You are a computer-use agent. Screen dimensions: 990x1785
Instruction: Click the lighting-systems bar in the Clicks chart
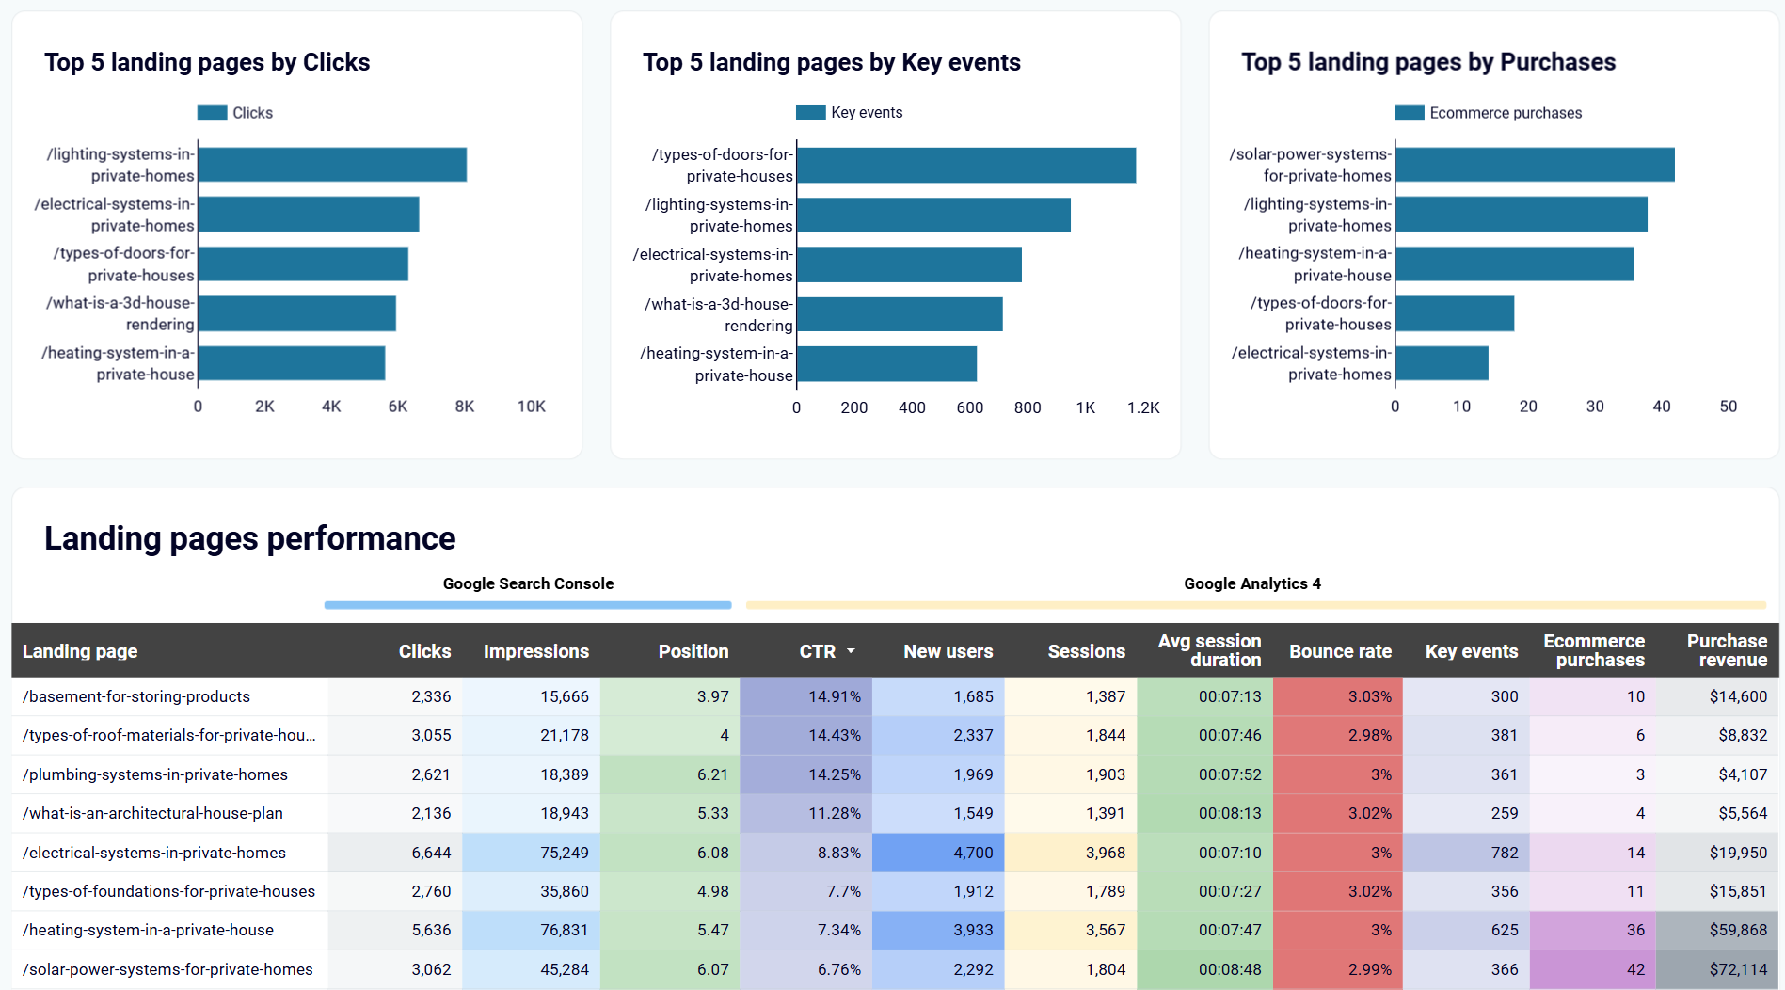coord(332,165)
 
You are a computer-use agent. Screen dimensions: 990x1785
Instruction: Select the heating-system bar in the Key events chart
coord(886,364)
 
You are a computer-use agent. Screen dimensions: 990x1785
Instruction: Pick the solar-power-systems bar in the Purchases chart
coord(1534,165)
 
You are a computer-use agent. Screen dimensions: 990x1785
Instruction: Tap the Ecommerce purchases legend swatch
coord(1409,113)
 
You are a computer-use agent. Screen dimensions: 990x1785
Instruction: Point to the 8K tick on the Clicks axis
coord(464,407)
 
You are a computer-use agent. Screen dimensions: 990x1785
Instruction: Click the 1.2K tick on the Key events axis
coord(1142,407)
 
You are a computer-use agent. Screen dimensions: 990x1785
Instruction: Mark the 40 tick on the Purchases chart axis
coord(1661,407)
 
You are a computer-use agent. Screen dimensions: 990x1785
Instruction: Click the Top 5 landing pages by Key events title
coord(831,62)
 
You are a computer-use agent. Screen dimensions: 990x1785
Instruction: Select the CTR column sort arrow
coord(851,651)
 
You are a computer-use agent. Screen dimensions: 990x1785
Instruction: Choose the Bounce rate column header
coord(1340,651)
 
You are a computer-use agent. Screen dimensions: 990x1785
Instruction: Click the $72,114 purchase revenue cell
coord(1737,969)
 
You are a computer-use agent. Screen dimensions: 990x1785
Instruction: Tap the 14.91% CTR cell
coord(834,696)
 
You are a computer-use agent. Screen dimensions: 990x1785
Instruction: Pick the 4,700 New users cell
coord(972,853)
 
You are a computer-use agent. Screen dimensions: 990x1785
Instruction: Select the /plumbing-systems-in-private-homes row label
coord(155,774)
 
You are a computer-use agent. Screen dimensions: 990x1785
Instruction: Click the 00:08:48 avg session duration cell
coord(1229,969)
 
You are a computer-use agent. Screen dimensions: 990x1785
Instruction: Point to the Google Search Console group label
coord(528,583)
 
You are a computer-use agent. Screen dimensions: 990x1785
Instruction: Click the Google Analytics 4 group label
coord(1251,583)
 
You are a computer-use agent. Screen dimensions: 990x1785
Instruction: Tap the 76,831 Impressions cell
coord(564,930)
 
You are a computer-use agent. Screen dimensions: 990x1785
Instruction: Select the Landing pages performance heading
coord(249,538)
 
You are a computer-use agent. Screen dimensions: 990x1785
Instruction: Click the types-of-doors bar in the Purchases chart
coord(1454,313)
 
